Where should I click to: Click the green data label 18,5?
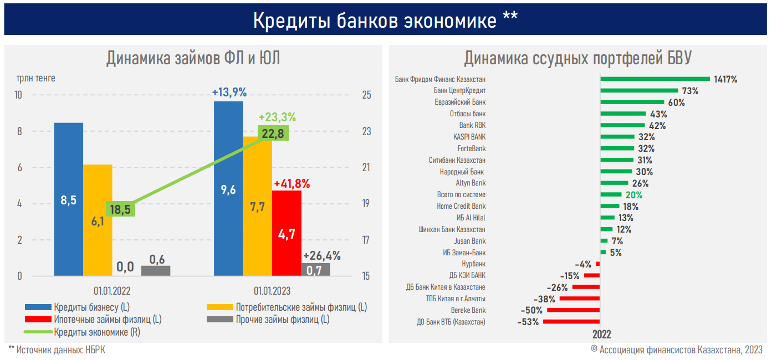[120, 209]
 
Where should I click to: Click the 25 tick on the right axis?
[366, 95]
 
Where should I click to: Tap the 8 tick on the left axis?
[19, 132]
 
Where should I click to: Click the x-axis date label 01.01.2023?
[272, 291]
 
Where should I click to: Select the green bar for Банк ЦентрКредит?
[639, 90]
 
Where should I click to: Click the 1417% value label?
[725, 79]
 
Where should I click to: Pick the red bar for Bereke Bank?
[573, 310]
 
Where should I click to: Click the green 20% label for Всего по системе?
[634, 195]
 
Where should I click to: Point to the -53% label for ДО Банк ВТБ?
[528, 322]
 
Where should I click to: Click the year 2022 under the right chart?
[601, 335]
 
